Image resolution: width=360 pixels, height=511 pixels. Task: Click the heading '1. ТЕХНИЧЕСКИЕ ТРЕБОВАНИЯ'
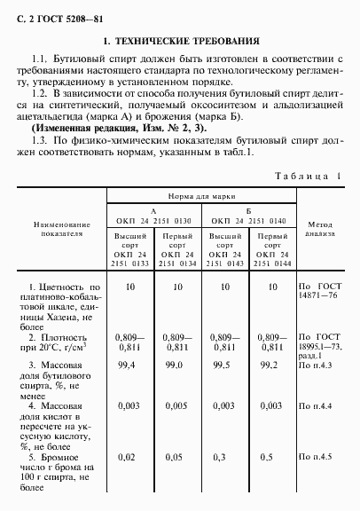click(181, 42)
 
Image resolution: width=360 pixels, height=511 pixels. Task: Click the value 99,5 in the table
click(223, 366)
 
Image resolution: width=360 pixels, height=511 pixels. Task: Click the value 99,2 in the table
click(270, 366)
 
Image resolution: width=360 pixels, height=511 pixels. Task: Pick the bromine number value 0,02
click(129, 457)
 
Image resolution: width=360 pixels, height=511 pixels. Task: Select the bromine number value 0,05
click(176, 457)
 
